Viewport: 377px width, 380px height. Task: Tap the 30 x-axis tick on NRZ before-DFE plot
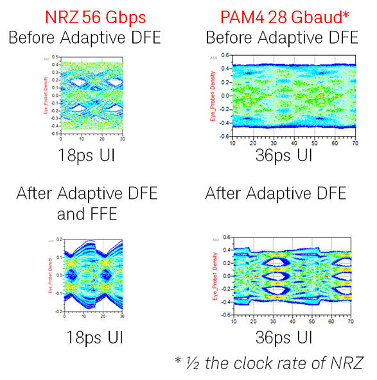[x=122, y=139]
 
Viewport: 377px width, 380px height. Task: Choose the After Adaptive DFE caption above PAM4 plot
[x=276, y=193]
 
